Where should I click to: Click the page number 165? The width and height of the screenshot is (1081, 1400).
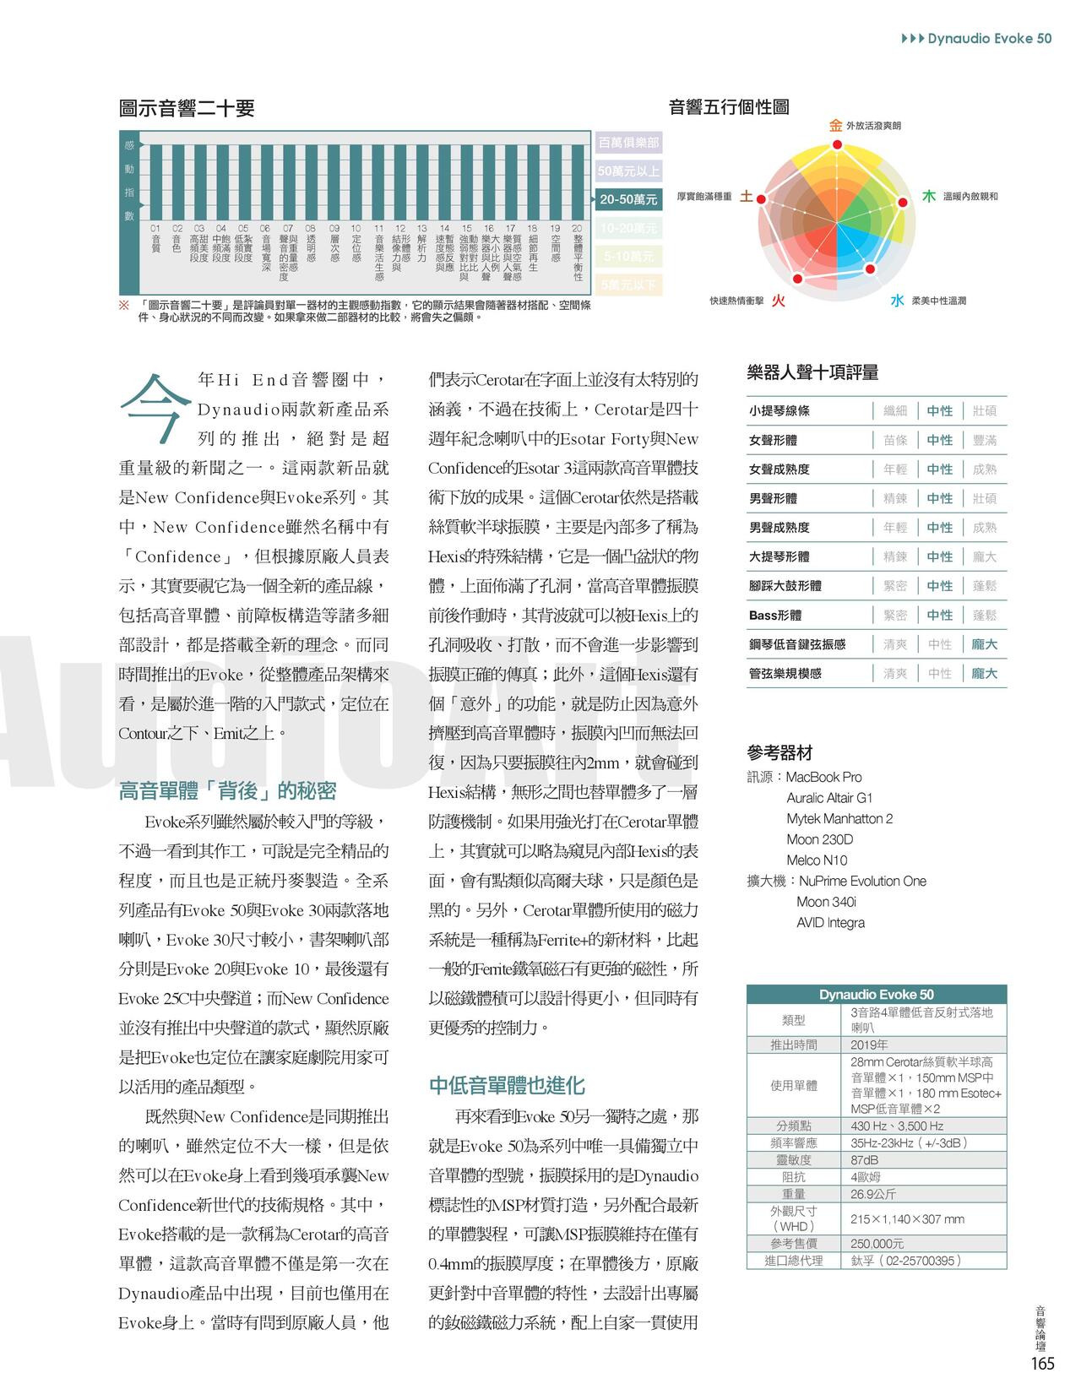tap(1042, 1364)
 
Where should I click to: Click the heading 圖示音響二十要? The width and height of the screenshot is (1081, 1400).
tap(187, 108)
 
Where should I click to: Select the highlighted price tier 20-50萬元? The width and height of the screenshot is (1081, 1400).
tap(627, 199)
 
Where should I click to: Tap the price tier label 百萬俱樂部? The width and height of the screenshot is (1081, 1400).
tap(627, 143)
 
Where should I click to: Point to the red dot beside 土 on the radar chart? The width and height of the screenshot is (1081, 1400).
tap(761, 199)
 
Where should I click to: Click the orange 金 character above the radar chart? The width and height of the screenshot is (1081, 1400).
tap(835, 126)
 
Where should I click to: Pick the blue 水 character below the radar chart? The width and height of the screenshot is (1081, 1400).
tap(896, 301)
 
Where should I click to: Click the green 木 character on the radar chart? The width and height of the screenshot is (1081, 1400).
tap(928, 196)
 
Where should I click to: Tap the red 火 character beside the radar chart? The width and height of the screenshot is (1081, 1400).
tap(778, 301)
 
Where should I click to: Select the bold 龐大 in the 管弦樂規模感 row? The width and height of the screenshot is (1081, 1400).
tap(984, 674)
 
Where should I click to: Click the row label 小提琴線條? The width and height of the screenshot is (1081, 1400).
tap(779, 411)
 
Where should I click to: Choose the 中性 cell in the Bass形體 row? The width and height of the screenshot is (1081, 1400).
tap(939, 616)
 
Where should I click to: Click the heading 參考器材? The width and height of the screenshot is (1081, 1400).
tap(780, 752)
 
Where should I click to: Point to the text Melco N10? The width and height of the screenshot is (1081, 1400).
tap(817, 860)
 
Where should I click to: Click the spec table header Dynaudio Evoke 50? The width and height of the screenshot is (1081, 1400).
tap(876, 995)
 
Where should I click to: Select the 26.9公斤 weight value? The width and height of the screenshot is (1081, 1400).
tap(873, 1194)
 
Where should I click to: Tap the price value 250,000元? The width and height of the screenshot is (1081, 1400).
tap(877, 1244)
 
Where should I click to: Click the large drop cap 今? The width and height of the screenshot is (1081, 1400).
tap(155, 407)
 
